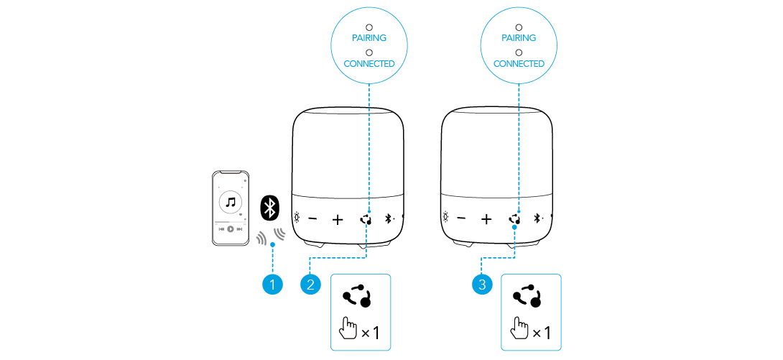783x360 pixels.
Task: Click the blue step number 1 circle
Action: pos(272,285)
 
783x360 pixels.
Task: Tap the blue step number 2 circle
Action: pos(310,285)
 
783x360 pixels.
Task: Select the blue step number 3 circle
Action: pos(481,285)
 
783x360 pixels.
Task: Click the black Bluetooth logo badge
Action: pos(270,208)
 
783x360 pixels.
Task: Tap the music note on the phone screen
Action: pos(231,202)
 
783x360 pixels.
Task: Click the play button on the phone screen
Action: pos(231,229)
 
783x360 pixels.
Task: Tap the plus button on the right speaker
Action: pos(487,218)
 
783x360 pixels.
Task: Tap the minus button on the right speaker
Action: pos(461,218)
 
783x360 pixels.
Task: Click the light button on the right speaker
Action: pos(446,218)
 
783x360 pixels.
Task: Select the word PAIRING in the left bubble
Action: pos(369,37)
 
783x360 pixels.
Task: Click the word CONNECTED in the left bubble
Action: pos(369,63)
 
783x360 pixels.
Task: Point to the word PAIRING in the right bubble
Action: pos(519,37)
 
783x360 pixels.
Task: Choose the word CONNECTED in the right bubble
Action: pos(519,63)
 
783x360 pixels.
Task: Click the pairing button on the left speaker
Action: pos(366,218)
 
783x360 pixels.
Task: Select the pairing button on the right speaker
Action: pos(515,218)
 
